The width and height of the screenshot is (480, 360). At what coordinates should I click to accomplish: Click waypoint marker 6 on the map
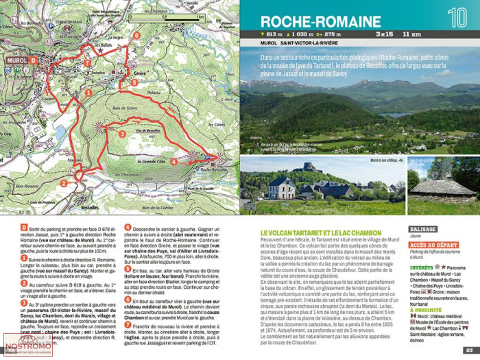click(x=137, y=36)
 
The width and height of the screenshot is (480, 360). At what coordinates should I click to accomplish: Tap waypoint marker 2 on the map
click(x=64, y=183)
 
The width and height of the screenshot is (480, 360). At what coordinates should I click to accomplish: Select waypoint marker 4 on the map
click(x=173, y=162)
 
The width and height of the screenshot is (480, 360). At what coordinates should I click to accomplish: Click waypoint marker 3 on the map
click(x=122, y=134)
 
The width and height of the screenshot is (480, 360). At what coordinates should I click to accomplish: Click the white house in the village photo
click(x=281, y=187)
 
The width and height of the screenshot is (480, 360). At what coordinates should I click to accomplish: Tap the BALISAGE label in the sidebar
click(x=422, y=229)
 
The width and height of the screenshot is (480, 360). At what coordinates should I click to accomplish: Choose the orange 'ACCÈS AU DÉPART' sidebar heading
click(x=433, y=245)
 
